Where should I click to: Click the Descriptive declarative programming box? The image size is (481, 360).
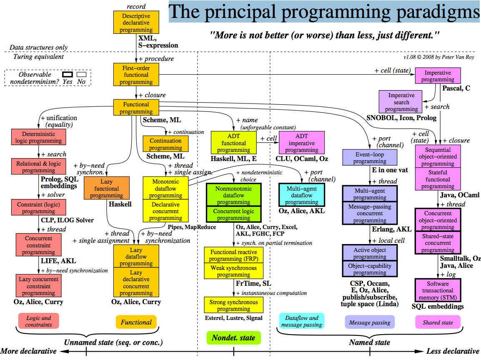pos(136,23)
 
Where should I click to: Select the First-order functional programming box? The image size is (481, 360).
pos(136,75)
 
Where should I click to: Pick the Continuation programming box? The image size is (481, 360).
pos(165,144)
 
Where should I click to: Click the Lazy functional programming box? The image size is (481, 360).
pos(107,188)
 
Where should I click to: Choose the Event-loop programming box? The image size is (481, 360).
pos(370,158)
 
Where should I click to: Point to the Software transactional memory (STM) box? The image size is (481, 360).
pos(438,290)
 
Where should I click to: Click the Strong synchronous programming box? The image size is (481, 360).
pos(234,305)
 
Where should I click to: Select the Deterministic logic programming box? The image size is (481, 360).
pos(39,138)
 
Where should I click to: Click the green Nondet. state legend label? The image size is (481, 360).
pos(233,338)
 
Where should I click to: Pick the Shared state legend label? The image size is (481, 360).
pos(438,322)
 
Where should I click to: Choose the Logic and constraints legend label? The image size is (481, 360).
pos(39,321)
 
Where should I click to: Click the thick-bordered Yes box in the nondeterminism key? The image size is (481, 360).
pos(67,74)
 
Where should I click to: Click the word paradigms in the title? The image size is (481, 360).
pos(436,12)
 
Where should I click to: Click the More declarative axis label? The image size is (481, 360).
pos(28,351)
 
